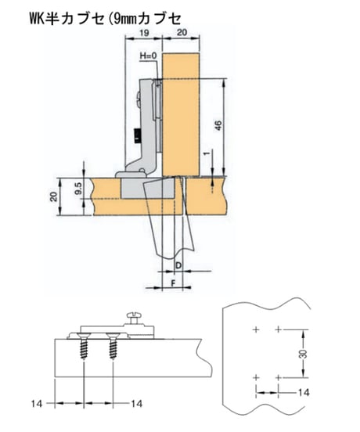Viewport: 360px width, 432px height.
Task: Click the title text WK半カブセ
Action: tap(67, 19)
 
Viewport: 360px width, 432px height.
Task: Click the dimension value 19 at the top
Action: tap(144, 33)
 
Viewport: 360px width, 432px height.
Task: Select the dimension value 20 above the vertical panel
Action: tap(182, 33)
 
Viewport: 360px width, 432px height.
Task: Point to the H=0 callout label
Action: tap(148, 56)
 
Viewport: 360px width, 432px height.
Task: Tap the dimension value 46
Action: tap(218, 126)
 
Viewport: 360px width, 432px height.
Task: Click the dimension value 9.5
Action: tap(78, 189)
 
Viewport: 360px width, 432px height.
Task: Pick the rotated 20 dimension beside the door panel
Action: tap(53, 196)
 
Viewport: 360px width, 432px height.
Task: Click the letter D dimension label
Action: tap(178, 265)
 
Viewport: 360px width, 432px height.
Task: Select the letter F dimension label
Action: tap(173, 283)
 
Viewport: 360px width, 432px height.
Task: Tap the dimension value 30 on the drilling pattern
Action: tap(303, 354)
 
